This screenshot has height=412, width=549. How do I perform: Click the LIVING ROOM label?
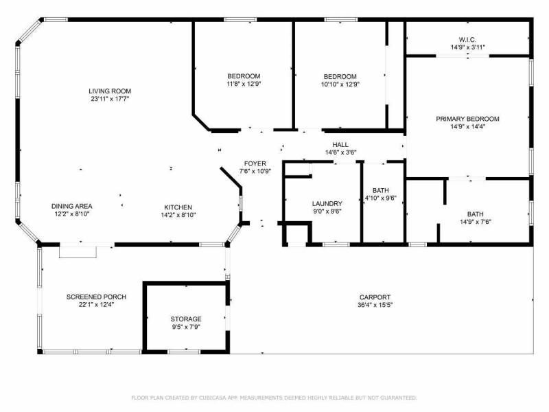[110, 91]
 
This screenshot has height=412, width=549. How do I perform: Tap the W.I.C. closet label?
[467, 40]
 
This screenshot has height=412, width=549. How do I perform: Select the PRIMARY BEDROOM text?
[467, 119]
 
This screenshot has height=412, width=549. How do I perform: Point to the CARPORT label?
[375, 297]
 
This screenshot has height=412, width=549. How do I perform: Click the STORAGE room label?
[186, 319]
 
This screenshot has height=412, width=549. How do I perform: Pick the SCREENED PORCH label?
[96, 297]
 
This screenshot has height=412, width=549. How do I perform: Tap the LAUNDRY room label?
[327, 203]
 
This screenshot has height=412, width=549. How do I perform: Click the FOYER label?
[255, 163]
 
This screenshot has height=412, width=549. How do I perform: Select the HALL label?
[340, 144]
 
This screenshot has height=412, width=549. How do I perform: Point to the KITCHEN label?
[178, 207]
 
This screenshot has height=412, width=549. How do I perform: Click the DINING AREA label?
[72, 207]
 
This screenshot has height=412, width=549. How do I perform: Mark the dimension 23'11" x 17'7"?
[110, 99]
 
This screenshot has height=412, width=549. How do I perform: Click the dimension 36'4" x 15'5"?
[375, 305]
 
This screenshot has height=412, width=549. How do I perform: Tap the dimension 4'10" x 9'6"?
[381, 198]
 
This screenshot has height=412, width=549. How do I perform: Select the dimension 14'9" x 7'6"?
[475, 222]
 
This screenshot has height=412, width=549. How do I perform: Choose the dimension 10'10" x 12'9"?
[340, 84]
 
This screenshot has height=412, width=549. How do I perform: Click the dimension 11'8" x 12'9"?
[244, 84]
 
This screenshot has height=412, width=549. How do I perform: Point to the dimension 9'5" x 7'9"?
[186, 327]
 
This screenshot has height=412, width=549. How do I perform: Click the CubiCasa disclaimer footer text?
[274, 398]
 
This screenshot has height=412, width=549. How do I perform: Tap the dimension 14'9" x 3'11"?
[467, 47]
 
